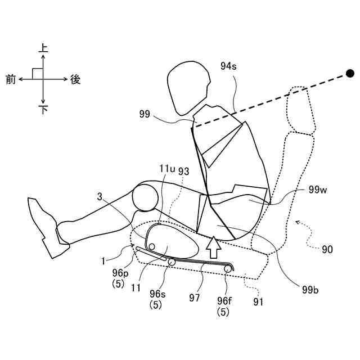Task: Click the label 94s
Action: pyautogui.click(x=229, y=66)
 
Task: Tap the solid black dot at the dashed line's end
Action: pyautogui.click(x=350, y=73)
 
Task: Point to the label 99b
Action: pyautogui.click(x=310, y=290)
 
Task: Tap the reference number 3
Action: pyautogui.click(x=100, y=197)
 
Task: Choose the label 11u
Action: pyautogui.click(x=168, y=169)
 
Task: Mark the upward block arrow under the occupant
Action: pyautogui.click(x=213, y=247)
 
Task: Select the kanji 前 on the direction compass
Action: pyautogui.click(x=11, y=80)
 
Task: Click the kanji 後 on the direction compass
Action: pyautogui.click(x=75, y=80)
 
